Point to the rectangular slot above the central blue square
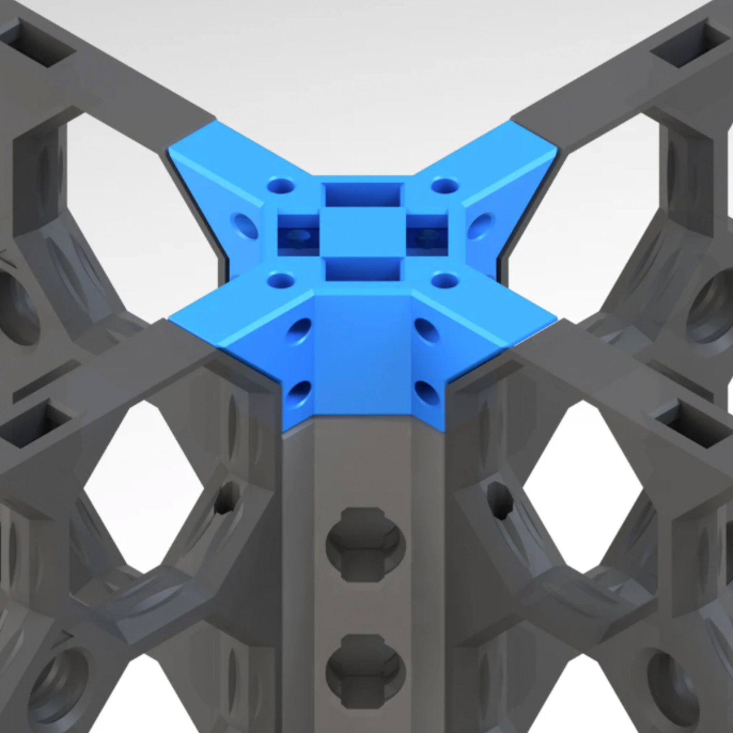tap(363, 194)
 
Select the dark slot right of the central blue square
tap(427, 234)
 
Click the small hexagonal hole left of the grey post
tap(226, 498)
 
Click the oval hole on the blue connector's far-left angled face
tap(246, 225)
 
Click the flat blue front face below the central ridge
tap(363, 355)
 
